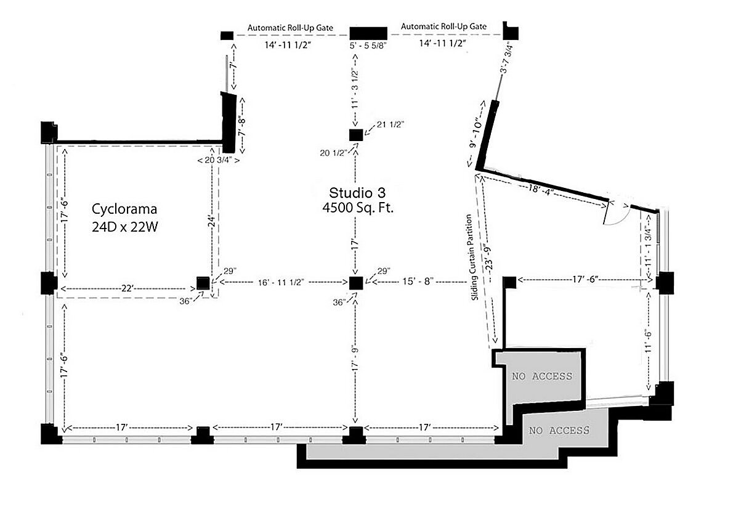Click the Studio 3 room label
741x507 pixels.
pyautogui.click(x=357, y=193)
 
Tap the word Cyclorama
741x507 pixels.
pyautogui.click(x=124, y=209)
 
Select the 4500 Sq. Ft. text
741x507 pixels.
pyautogui.click(x=358, y=208)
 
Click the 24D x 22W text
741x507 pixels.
pyautogui.click(x=124, y=227)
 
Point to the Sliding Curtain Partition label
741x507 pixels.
pyautogui.click(x=472, y=258)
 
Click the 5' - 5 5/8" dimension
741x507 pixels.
pyautogui.click(x=368, y=46)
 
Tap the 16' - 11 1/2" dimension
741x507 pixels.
pyautogui.click(x=281, y=282)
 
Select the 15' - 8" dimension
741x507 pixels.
pyautogui.click(x=418, y=282)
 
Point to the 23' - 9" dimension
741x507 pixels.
pyautogui.click(x=488, y=259)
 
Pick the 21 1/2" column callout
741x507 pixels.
pyautogui.click(x=391, y=124)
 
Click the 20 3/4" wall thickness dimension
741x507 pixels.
pyautogui.click(x=219, y=160)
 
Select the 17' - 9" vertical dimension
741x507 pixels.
pyautogui.click(x=355, y=359)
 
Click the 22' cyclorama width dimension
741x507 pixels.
pyautogui.click(x=127, y=288)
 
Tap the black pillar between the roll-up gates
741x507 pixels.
pyautogui.click(x=368, y=33)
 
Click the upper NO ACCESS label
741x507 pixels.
pyautogui.click(x=542, y=376)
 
